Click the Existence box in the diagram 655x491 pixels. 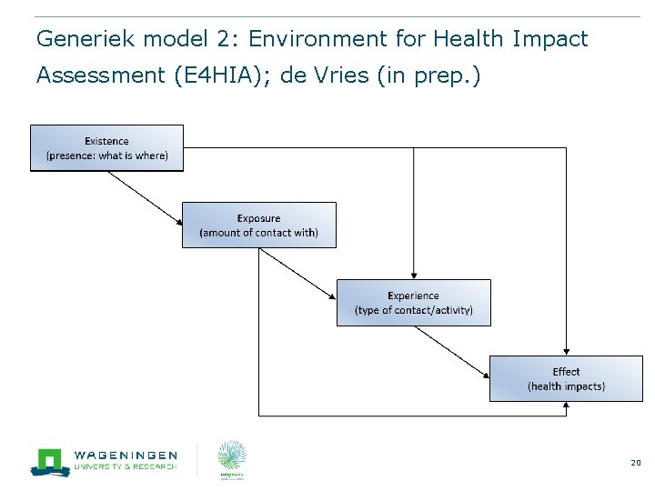click(106, 148)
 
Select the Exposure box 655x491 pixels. click(258, 225)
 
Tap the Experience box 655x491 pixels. click(413, 303)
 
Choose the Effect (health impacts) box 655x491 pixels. click(566, 379)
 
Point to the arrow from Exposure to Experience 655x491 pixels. click(298, 275)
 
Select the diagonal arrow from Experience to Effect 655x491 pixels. click(452, 351)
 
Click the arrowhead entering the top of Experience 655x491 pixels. click(414, 274)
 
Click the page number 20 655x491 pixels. click(635, 463)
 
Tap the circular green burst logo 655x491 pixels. click(231, 456)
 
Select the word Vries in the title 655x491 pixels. click(342, 75)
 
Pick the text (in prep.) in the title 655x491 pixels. click(426, 75)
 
